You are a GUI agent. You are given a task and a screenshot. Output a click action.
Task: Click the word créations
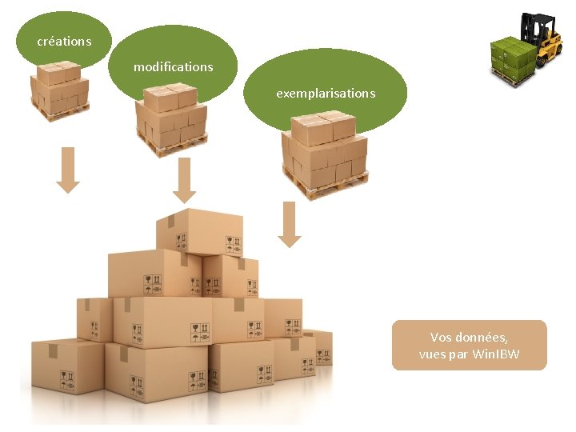click(x=64, y=41)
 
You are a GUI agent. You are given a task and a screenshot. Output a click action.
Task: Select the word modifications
click(x=173, y=66)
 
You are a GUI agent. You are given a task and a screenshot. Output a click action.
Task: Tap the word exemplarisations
click(x=326, y=93)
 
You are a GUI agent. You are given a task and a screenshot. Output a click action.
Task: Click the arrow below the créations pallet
click(x=68, y=170)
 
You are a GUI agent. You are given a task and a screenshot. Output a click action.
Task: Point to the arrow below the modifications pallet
click(x=185, y=180)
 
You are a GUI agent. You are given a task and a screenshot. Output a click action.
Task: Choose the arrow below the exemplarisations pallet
click(x=290, y=224)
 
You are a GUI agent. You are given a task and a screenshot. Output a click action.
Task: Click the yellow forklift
click(x=547, y=40)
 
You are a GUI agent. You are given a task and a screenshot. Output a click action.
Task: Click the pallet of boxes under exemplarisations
click(x=324, y=152)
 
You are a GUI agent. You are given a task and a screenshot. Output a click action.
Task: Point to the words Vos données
click(x=469, y=338)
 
